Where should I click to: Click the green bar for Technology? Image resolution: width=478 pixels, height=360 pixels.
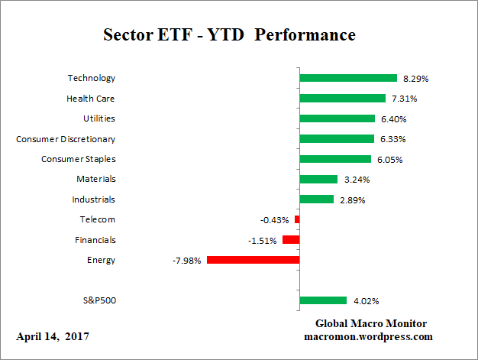pos(348,78)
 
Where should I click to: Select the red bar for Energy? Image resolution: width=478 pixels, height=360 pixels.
pos(253,260)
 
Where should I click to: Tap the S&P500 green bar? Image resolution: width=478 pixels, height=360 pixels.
pos(323,300)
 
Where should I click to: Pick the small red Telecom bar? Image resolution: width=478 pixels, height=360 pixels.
pos(297,219)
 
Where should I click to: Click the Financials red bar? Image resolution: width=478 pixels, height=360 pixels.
pos(291,240)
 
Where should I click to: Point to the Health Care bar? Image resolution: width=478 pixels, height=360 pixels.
pos(342,98)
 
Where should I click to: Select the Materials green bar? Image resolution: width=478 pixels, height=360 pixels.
pos(318,179)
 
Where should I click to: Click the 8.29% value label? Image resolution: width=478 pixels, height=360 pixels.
pos(415,78)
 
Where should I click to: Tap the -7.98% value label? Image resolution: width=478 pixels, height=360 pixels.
pos(187,260)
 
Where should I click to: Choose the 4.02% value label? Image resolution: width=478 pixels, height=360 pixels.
pos(364,300)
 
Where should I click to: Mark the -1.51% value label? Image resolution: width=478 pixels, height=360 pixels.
pos(263,240)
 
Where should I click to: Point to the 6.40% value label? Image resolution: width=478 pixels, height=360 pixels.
pos(393,118)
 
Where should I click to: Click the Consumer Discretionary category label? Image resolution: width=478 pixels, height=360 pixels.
pos(66,138)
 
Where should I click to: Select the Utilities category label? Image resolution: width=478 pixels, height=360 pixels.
pos(99,118)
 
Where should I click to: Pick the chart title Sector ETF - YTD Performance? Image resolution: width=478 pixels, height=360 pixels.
pos(229,35)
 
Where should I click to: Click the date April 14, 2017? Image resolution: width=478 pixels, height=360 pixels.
pos(53,336)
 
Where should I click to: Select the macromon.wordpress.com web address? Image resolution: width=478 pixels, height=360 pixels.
pos(370,336)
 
